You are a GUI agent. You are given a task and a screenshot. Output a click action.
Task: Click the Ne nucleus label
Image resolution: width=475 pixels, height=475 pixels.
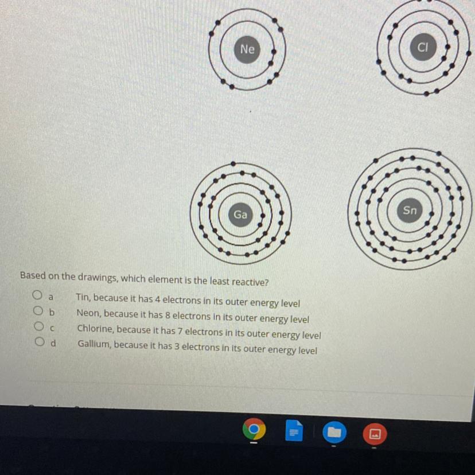pyautogui.click(x=247, y=49)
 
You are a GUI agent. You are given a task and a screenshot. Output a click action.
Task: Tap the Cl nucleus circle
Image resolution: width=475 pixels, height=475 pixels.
pyautogui.click(x=423, y=47)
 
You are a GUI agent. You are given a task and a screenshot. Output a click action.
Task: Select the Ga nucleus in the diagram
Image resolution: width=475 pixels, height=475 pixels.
pyautogui.click(x=240, y=215)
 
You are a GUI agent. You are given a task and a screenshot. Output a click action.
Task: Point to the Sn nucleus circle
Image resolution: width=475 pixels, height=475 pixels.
pyautogui.click(x=410, y=210)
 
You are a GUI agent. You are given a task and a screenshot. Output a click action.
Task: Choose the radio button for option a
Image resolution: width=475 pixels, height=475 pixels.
pyautogui.click(x=37, y=295)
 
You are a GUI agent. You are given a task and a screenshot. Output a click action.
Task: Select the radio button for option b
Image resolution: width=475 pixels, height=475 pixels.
pyautogui.click(x=38, y=310)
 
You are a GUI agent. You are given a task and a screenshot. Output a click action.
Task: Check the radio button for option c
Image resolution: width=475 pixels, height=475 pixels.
pyautogui.click(x=39, y=326)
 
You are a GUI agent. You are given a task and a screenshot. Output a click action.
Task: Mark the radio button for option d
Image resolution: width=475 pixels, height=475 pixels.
pyautogui.click(x=40, y=342)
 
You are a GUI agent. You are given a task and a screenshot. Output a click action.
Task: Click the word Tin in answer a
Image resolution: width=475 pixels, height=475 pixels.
pyautogui.click(x=83, y=297)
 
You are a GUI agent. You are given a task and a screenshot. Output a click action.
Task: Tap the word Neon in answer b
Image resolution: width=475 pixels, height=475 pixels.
pyautogui.click(x=88, y=313)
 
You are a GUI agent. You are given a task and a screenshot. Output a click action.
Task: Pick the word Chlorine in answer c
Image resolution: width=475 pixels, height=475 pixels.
pyautogui.click(x=95, y=328)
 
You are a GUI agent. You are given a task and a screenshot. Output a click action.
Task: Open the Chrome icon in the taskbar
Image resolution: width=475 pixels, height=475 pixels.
pyautogui.click(x=254, y=429)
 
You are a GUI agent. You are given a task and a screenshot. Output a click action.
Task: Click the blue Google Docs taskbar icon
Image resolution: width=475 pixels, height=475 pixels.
pyautogui.click(x=294, y=431)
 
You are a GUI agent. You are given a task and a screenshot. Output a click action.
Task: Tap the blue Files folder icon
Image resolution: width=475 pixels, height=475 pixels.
pyautogui.click(x=334, y=433)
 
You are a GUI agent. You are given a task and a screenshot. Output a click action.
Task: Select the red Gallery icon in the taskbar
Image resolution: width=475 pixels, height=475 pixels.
pyautogui.click(x=375, y=434)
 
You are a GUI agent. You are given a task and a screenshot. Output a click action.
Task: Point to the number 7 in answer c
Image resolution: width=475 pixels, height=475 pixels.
pyautogui.click(x=180, y=331)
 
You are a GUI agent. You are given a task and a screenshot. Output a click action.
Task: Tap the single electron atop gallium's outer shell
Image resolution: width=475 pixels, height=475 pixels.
pyautogui.click(x=233, y=164)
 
